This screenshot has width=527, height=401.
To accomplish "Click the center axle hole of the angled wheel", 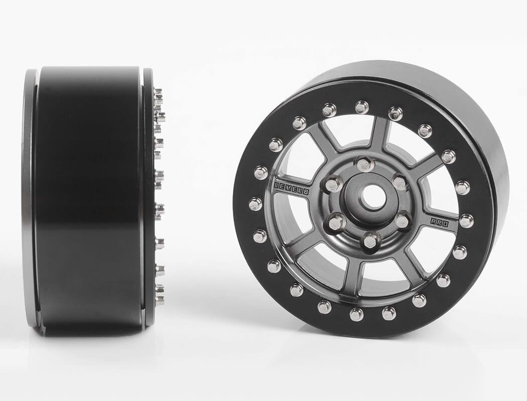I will [372, 197].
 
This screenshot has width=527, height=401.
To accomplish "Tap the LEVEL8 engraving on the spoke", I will [291, 186].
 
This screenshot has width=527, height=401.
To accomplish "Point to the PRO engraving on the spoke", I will [440, 223].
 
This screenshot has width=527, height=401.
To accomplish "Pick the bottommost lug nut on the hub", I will [370, 241].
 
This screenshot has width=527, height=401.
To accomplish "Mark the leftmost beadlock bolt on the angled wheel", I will [255, 204].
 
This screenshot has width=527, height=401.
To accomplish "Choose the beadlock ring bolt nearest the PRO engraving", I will [466, 221].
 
